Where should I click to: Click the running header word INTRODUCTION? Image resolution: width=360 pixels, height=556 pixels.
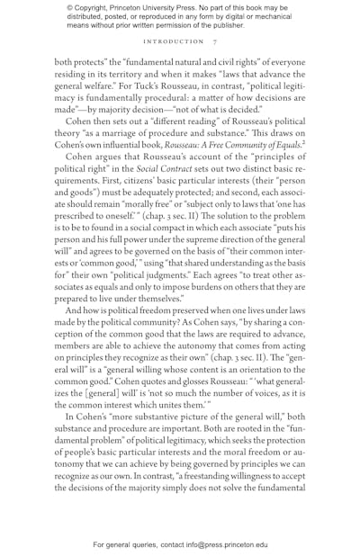coord(174,41)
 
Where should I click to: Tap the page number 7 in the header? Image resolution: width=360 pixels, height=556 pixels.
coord(214,41)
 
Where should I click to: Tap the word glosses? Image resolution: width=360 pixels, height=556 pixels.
coord(173,381)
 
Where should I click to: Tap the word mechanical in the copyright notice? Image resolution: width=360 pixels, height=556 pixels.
coord(280,16)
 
